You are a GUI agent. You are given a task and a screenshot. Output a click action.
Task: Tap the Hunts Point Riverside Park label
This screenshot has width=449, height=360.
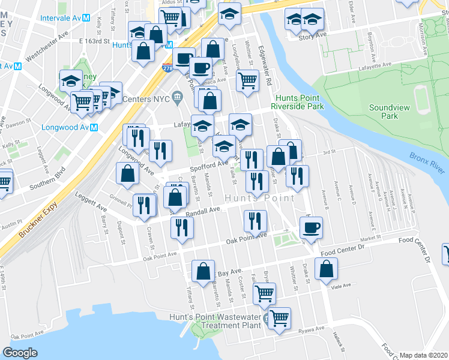tap(299, 102)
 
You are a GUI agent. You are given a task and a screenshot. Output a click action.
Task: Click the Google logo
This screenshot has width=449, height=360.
tap(20, 352)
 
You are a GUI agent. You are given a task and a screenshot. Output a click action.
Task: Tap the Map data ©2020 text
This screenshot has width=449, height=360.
tap(424, 355)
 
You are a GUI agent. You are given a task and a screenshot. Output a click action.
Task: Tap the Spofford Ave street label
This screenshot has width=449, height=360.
tap(209, 163)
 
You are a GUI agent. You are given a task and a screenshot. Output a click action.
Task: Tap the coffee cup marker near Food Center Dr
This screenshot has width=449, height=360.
tap(311, 228)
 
